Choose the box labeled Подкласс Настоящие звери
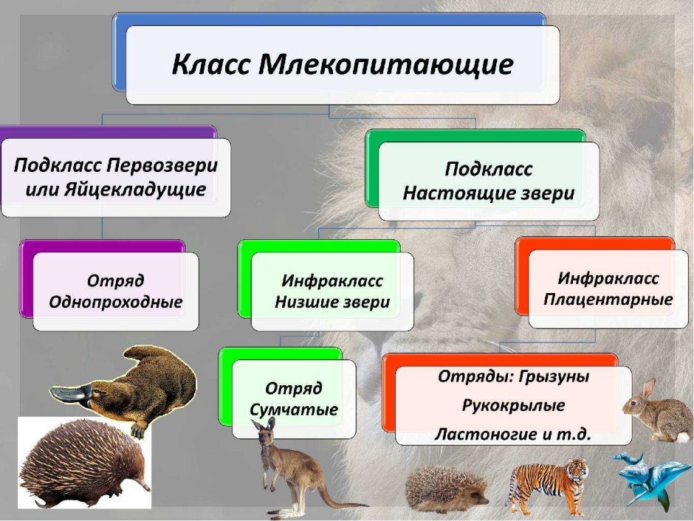point(488,182)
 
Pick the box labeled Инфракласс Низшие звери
point(331,292)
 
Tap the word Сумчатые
point(293,410)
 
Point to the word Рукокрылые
point(513,405)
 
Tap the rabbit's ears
point(648,389)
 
